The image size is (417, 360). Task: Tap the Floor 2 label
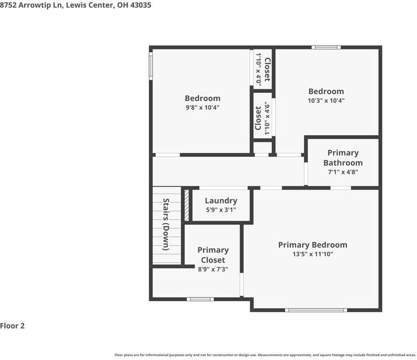(x=13, y=325)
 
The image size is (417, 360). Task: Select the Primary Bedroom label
(x=313, y=245)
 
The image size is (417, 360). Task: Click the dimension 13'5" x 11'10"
(x=313, y=254)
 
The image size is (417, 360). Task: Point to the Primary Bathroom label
(x=343, y=158)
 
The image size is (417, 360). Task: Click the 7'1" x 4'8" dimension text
(x=343, y=172)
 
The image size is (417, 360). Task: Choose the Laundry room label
(x=221, y=201)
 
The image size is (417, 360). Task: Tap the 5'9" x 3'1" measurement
(x=221, y=209)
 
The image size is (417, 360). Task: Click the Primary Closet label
(x=213, y=255)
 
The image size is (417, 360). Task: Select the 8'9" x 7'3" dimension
(x=213, y=269)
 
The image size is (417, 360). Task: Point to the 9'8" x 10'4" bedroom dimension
(x=202, y=108)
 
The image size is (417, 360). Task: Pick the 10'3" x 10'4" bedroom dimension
(x=326, y=101)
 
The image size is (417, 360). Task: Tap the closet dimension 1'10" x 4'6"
(x=268, y=118)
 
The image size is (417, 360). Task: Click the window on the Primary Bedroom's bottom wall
(x=316, y=310)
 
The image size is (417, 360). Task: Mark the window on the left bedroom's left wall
(x=151, y=65)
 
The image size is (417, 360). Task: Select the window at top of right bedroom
(x=326, y=47)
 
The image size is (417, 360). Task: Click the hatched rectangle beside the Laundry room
(x=187, y=205)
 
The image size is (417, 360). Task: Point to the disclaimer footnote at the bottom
(x=265, y=355)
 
